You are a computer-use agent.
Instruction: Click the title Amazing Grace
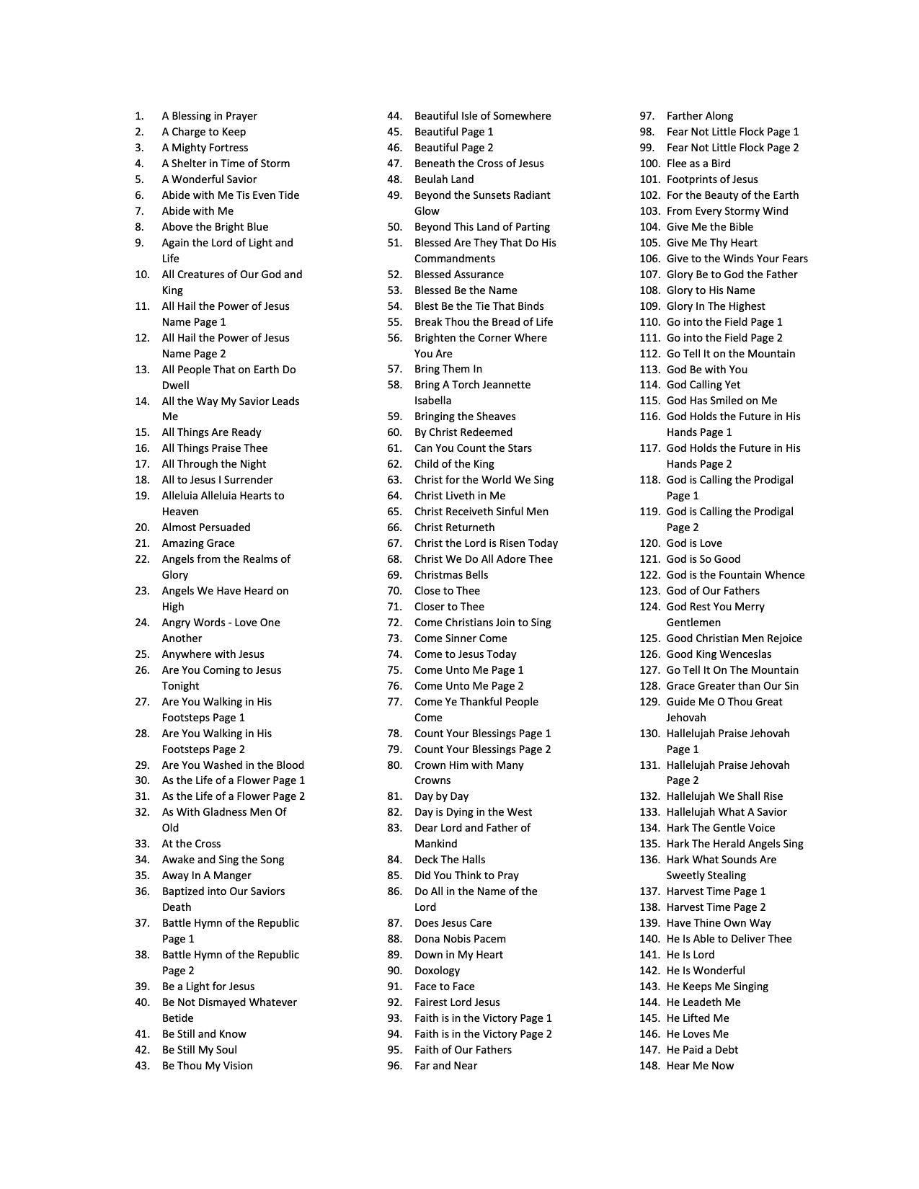(x=198, y=543)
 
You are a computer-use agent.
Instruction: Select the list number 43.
(x=143, y=1066)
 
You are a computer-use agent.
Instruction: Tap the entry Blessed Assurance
(x=459, y=275)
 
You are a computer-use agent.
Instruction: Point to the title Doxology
(x=437, y=971)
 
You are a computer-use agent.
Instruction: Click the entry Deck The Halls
(x=450, y=860)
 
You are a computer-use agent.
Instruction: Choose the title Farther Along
(x=700, y=116)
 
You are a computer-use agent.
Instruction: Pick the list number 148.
(x=649, y=1066)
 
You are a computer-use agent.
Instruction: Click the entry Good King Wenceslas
(x=719, y=654)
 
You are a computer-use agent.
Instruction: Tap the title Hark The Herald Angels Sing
(x=734, y=844)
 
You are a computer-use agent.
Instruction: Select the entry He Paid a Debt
(x=702, y=1050)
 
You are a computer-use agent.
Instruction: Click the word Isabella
(x=433, y=401)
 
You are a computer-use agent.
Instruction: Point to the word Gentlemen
(x=693, y=623)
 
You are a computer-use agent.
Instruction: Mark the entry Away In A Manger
(x=207, y=876)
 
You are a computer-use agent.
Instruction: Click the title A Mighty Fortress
(x=205, y=148)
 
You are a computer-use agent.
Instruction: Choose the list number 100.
(x=649, y=164)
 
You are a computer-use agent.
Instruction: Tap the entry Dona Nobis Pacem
(x=460, y=939)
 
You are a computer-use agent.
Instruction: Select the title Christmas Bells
(x=451, y=575)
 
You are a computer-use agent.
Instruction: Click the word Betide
(x=178, y=1018)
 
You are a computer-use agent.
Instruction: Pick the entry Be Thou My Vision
(x=208, y=1066)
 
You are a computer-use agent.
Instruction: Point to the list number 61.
(x=395, y=448)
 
